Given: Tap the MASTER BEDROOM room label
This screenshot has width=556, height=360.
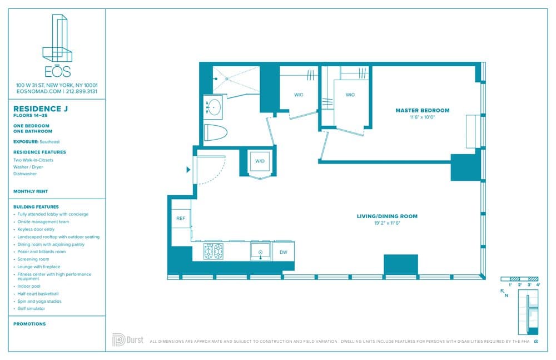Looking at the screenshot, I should coord(422,110).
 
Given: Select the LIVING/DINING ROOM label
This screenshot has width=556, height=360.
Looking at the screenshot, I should coord(387,216).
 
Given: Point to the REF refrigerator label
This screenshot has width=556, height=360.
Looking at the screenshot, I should coord(181,219).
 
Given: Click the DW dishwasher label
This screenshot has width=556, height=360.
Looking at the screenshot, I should coord(283,252).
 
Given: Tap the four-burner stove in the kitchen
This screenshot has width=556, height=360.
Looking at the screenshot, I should coord(213,251).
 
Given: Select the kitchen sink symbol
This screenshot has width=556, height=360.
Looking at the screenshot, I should coord(260,251).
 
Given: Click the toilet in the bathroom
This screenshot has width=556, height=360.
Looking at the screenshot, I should coord(216,134).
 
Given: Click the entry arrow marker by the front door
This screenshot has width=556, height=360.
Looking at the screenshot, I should coord(188,169).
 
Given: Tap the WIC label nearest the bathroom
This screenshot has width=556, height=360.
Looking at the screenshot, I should coord(299,95).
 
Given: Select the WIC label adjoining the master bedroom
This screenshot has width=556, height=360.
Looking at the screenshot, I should coord(350,95).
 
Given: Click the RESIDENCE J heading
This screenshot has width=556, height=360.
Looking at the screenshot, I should coord(40,109).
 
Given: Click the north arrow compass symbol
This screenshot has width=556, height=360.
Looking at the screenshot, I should coord(505,292).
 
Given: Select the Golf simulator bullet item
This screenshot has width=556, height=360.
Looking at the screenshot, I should coord(31,308).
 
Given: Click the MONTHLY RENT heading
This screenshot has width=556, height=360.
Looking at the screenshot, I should coord(31,191).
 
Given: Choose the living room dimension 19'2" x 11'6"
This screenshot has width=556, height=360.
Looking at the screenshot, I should coord(387,223).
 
